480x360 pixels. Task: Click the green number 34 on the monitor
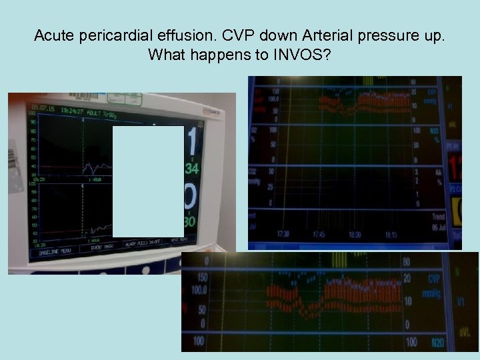click(x=192, y=169)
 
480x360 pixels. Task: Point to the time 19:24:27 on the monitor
click(x=71, y=111)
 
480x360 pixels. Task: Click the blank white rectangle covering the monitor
click(x=148, y=181)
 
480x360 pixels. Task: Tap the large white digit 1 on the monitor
click(x=193, y=142)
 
